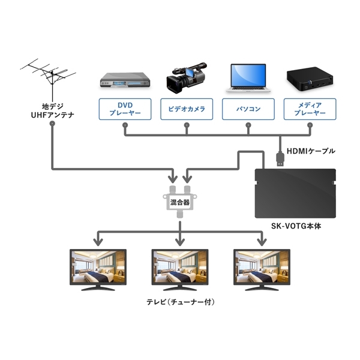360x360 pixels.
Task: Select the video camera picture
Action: pyautogui.click(x=186, y=77)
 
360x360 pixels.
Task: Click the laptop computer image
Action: pyautogui.click(x=248, y=77)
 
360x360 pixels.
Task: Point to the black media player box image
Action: pyautogui.click(x=310, y=79)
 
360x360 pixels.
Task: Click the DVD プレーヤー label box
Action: pyautogui.click(x=124, y=109)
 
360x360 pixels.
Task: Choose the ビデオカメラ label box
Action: pyautogui.click(x=186, y=109)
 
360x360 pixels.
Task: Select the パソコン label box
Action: pyautogui.click(x=248, y=109)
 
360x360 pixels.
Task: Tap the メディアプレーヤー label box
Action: pyautogui.click(x=310, y=109)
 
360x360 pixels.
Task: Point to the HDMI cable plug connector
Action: pyautogui.click(x=280, y=158)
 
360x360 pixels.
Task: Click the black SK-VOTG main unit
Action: pyautogui.click(x=295, y=193)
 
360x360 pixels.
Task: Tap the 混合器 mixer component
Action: pyautogui.click(x=179, y=203)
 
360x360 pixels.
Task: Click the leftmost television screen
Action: pyautogui.click(x=98, y=266)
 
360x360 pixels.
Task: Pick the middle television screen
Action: pyautogui.click(x=179, y=266)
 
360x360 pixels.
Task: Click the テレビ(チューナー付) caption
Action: pyautogui.click(x=179, y=302)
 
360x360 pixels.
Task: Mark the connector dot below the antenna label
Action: pyautogui.click(x=52, y=124)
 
